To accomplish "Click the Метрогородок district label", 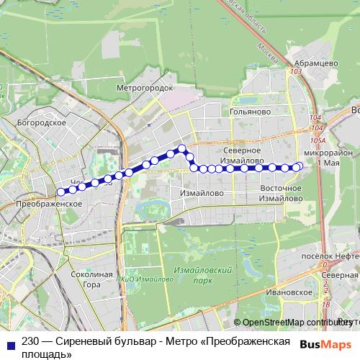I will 145,87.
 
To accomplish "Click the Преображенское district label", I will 47,204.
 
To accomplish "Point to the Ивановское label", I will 284,292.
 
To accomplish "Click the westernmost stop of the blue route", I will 61,192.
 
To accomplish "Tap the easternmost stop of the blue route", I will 300,167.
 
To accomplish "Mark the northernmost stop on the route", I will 182,149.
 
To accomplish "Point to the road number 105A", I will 318,140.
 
